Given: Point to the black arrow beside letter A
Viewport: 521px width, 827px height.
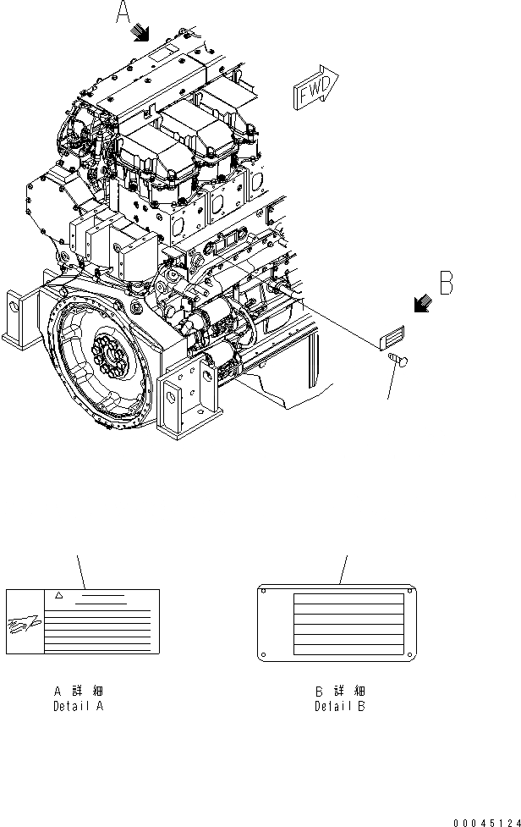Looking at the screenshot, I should [x=140, y=32].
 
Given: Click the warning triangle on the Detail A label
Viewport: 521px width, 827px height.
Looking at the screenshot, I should [x=59, y=597].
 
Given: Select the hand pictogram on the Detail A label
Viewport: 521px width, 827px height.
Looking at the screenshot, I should [x=23, y=627].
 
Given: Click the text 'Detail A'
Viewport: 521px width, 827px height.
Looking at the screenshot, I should [x=79, y=705].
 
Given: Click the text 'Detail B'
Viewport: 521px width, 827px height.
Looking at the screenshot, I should [x=340, y=705].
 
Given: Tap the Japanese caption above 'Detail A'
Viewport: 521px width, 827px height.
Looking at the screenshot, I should [x=79, y=692].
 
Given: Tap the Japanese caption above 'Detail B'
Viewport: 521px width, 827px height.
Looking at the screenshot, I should [x=340, y=692].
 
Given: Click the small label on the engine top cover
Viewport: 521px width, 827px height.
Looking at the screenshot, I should [x=162, y=53].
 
